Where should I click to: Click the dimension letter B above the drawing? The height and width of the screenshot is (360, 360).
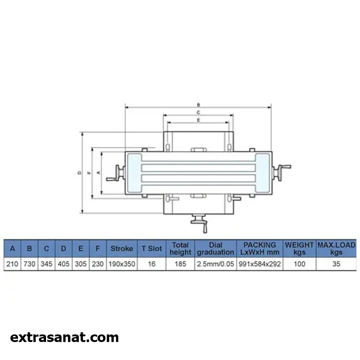[199, 105]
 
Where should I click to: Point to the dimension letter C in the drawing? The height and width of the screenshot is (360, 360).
[198, 112]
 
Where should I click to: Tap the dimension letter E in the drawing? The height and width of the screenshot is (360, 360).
[199, 120]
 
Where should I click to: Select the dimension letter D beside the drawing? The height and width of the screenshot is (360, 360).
[80, 173]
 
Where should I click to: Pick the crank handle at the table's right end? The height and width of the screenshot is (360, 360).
[282, 172]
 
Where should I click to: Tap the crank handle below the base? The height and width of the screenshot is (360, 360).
[199, 223]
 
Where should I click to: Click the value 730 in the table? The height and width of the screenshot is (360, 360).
[30, 264]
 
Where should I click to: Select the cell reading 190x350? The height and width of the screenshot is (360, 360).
[122, 264]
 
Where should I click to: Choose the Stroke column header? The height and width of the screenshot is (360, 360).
[122, 248]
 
